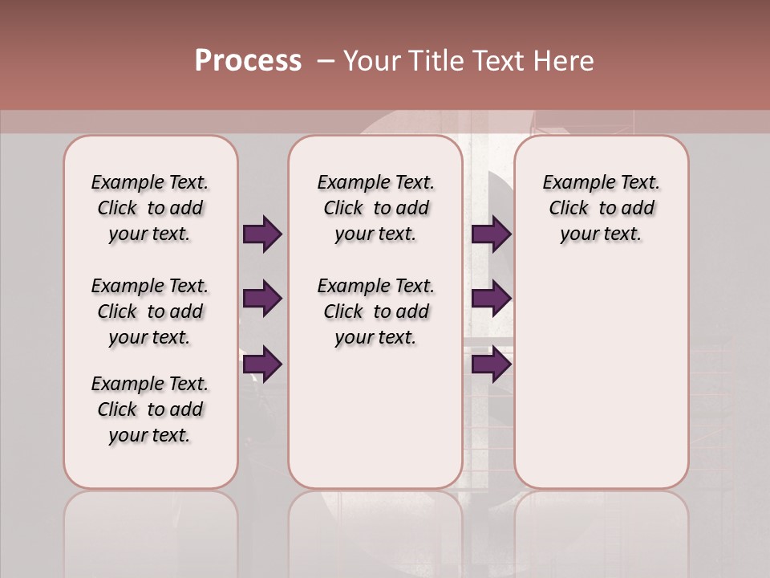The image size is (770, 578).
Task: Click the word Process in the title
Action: coord(248,61)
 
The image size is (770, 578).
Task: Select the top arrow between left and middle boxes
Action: coord(262,234)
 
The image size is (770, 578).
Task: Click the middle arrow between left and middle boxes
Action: coord(262,299)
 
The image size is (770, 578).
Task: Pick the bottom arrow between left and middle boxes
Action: coord(262,364)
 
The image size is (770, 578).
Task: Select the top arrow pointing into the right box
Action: coord(491,234)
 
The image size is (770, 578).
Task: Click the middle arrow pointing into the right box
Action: coord(491,299)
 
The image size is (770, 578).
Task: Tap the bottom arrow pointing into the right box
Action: coord(491,364)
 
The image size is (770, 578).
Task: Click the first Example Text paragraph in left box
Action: coord(150,208)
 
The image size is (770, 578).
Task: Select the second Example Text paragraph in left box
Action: coord(150,311)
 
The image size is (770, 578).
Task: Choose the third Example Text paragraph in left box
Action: coord(150,409)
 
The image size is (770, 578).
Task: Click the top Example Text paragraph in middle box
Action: coord(375,208)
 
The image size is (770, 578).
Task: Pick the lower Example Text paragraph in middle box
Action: coord(375,311)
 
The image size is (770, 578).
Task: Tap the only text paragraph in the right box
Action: coord(602,208)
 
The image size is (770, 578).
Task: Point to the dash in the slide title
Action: coord(325,61)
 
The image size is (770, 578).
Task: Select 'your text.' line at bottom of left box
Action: coord(150,435)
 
